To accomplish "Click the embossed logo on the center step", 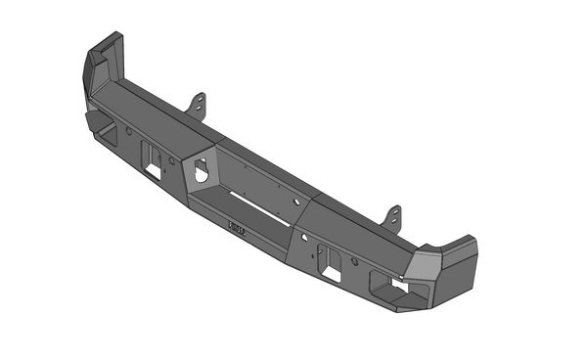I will click(x=238, y=229).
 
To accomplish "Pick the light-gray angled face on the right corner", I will click(x=430, y=261).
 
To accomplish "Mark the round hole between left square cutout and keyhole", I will click(x=172, y=162).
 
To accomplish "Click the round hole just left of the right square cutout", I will click(x=306, y=239).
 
